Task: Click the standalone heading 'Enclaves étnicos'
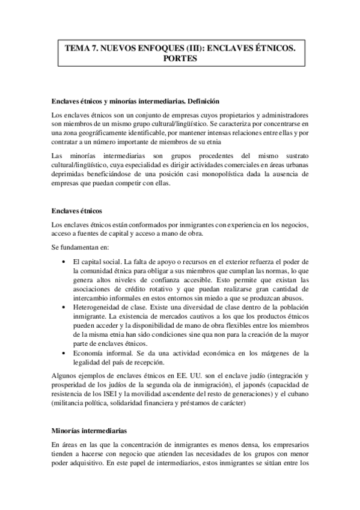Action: (x=78, y=212)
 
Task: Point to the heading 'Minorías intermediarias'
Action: (x=89, y=431)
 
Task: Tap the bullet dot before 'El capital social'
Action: (x=64, y=263)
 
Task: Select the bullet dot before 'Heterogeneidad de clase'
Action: (x=64, y=307)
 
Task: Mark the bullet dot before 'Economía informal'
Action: (x=64, y=352)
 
